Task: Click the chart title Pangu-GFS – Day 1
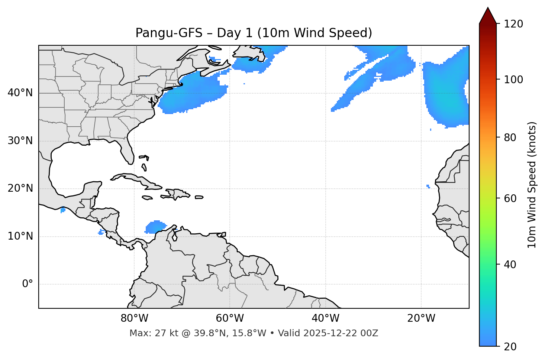[254, 33]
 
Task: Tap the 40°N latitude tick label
[20, 93]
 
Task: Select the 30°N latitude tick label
[20, 141]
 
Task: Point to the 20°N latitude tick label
[20, 188]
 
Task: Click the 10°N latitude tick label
[20, 236]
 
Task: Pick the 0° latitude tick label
[27, 284]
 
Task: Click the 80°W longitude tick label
[134, 318]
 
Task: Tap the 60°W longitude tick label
[230, 318]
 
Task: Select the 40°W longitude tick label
[325, 318]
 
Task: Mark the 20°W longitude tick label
[421, 318]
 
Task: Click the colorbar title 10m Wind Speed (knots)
[532, 185]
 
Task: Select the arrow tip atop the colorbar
[488, 8]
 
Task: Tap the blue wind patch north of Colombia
[155, 226]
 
